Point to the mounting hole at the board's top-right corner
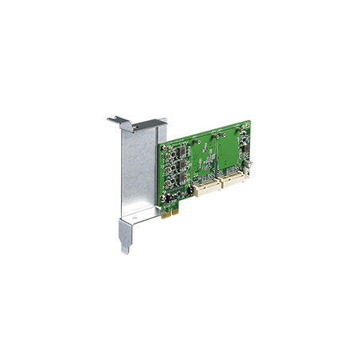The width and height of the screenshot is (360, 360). [247, 125]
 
